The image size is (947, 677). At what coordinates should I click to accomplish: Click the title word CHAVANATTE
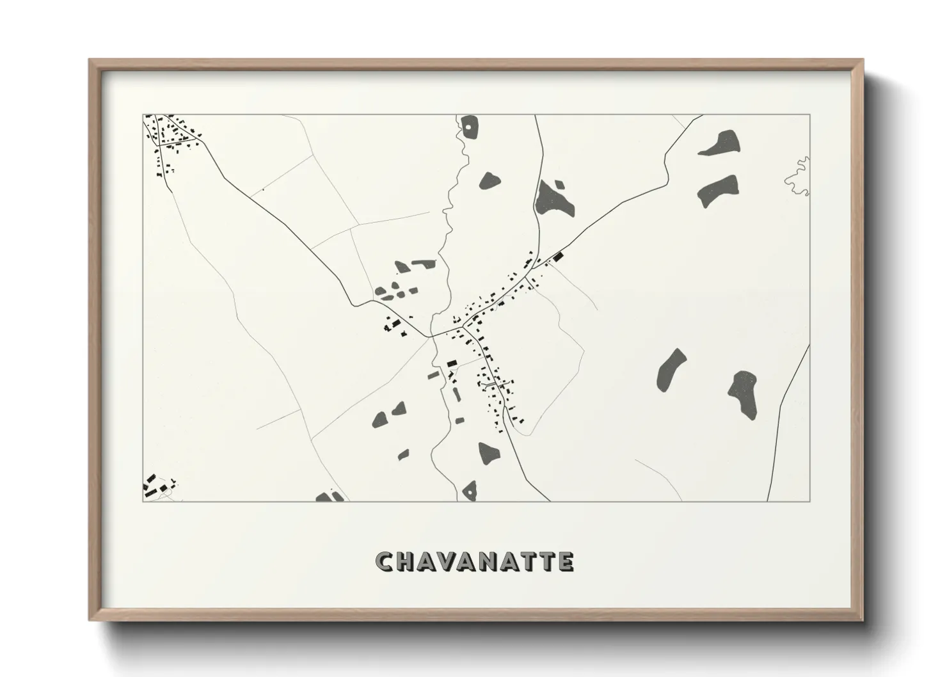[474, 561]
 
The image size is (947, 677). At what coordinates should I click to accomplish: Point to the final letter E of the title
[566, 561]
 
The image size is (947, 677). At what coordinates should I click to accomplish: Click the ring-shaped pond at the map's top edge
[470, 127]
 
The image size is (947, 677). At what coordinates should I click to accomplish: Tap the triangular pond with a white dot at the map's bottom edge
[470, 491]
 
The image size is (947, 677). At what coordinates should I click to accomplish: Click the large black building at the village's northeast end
[558, 257]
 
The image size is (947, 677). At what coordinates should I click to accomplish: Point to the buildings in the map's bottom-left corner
[157, 486]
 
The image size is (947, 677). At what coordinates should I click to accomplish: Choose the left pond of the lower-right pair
[671, 370]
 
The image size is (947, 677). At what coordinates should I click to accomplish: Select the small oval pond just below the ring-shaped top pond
[489, 180]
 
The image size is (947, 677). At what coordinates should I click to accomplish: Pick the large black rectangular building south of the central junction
[452, 363]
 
